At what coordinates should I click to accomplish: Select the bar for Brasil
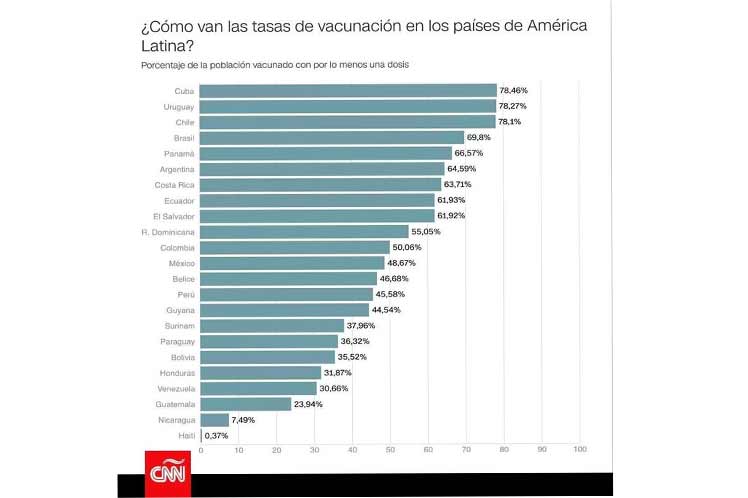tap(332, 137)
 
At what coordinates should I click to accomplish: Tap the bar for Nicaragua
tap(214, 420)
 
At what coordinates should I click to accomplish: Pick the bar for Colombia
tap(295, 247)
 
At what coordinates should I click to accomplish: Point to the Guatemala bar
tap(246, 404)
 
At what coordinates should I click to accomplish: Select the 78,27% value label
tap(513, 106)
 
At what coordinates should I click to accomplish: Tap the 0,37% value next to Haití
tap(218, 435)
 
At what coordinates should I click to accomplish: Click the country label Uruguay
tap(178, 106)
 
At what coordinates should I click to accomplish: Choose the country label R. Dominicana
tap(168, 231)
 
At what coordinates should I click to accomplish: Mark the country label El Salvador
tap(174, 216)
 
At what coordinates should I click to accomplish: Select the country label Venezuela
tap(175, 388)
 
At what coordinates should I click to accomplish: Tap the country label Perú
tap(184, 294)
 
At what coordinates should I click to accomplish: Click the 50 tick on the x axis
tap(390, 451)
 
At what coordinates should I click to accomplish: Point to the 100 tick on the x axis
tap(579, 451)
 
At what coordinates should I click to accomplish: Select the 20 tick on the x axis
tap(277, 451)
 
